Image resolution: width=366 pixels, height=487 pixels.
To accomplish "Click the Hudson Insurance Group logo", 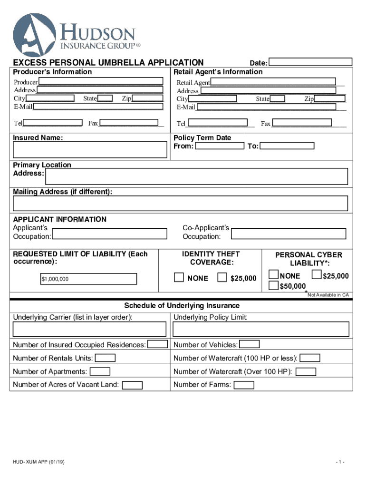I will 76,34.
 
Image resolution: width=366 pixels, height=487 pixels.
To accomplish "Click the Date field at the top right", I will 311,62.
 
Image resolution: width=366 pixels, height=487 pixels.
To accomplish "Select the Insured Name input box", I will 90,150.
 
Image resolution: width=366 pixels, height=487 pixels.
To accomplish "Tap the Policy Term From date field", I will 220,146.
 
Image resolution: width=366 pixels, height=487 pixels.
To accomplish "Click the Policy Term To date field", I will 287,146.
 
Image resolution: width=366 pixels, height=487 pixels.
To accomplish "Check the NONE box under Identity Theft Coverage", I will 179,277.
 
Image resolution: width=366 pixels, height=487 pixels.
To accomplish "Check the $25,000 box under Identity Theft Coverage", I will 222,277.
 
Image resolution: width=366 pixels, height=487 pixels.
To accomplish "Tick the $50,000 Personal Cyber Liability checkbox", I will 273,285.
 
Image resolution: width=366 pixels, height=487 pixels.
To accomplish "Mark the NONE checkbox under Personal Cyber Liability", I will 273,274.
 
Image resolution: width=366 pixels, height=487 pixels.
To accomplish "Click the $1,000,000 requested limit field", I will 88,279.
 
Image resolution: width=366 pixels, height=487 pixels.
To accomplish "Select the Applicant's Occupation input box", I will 110,234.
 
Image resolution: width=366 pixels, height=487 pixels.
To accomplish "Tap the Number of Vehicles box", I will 249,344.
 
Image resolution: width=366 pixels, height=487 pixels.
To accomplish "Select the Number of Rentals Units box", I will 106,358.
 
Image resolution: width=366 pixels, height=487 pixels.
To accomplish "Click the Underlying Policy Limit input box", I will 261,329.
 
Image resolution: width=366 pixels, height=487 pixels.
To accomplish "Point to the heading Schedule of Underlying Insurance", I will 182,305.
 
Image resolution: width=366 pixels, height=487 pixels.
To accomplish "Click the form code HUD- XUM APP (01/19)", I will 39,462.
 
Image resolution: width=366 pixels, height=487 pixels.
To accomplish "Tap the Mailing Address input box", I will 181,203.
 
